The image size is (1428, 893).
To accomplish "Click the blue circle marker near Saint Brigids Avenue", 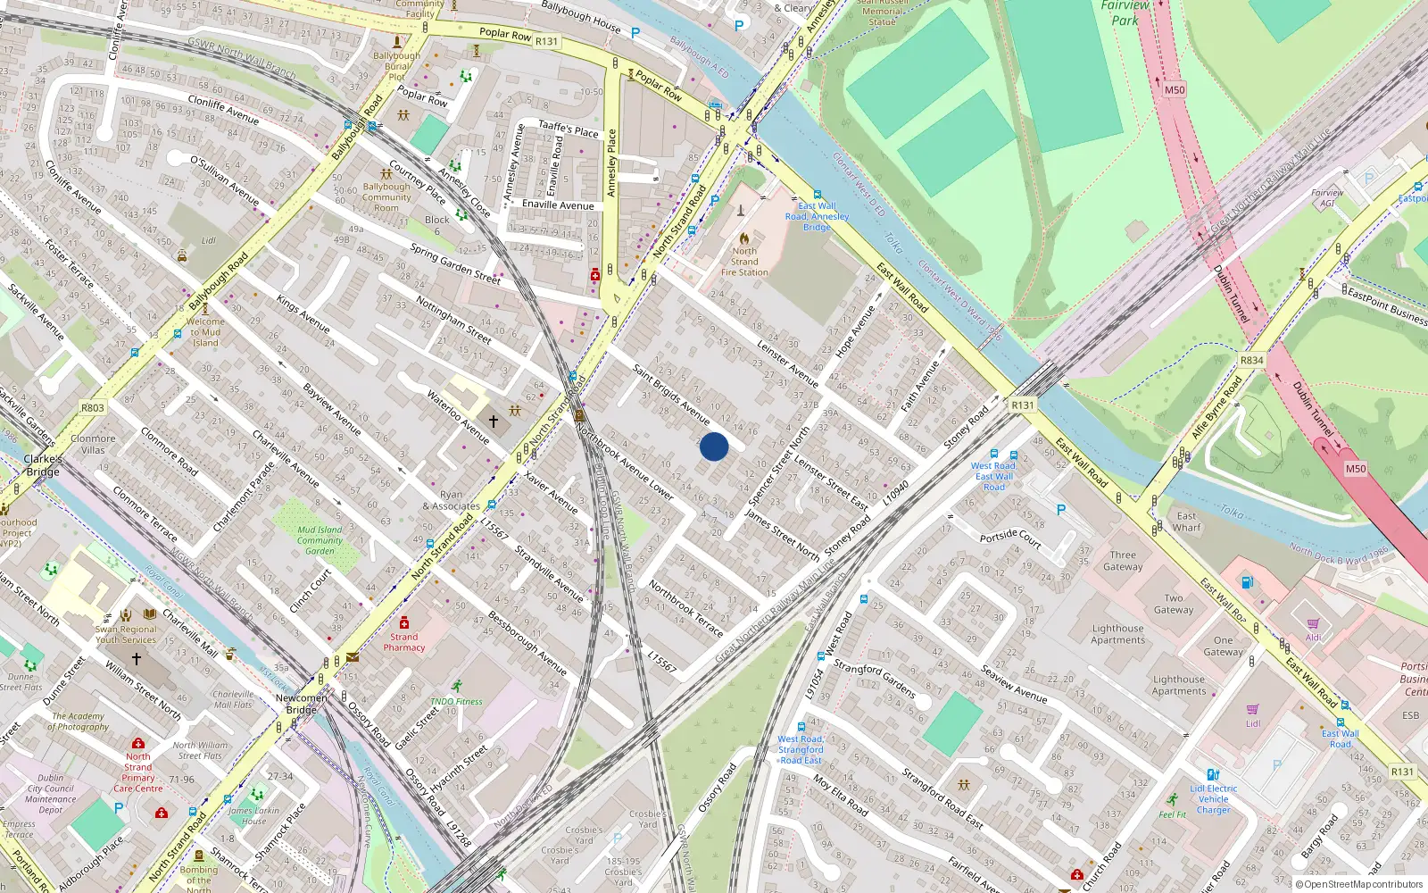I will click(714, 446).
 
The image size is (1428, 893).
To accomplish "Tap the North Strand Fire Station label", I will click(744, 262).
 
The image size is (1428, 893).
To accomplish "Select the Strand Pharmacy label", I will click(404, 642).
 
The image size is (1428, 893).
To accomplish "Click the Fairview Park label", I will click(1125, 13).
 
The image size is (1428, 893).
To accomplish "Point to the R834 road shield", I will click(1251, 361).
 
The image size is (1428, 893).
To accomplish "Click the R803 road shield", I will click(93, 408).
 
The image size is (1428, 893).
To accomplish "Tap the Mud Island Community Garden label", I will click(320, 540).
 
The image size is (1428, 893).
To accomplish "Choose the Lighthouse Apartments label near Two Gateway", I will click(1117, 634).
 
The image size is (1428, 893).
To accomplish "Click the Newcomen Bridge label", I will click(301, 704).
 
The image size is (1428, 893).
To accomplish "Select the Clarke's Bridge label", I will click(43, 465).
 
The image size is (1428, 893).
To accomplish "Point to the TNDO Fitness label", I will click(456, 702).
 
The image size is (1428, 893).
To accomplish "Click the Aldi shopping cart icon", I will click(1313, 624).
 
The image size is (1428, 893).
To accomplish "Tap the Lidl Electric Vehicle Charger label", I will click(1213, 799).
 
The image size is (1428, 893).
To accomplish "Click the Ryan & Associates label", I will click(452, 500).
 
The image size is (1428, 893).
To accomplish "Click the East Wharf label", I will click(1186, 522).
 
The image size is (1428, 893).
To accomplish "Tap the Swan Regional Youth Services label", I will click(126, 634).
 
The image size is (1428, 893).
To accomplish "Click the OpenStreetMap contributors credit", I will click(1359, 885).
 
